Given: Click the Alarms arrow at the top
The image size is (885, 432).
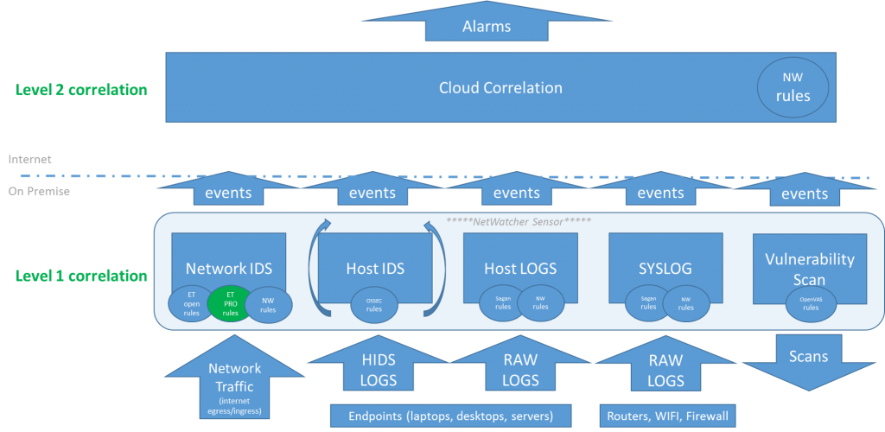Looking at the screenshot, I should tap(487, 25).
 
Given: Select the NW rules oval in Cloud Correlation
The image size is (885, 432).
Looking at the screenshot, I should tap(793, 87).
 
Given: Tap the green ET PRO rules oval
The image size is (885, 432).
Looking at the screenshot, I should tap(230, 304).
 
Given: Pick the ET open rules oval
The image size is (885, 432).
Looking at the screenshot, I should tap(191, 304).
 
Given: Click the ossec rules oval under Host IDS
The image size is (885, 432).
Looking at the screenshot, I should tap(374, 304).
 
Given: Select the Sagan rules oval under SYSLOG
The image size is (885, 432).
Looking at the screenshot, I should tap(647, 303).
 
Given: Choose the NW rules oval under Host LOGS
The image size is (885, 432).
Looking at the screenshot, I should tap(540, 303).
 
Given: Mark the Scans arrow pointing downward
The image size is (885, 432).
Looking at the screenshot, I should tap(808, 359).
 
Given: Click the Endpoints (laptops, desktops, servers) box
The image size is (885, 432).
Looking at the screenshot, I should tap(450, 416).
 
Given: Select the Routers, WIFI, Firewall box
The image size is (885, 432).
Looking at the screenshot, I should tap(668, 416).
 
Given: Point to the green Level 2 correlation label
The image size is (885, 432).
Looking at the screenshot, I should tap(82, 90).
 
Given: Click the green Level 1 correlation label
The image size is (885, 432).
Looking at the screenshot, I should tap(82, 277).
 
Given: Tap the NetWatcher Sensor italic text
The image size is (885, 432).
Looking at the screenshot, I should tap(519, 221).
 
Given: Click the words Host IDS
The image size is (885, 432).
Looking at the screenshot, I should tap(375, 269).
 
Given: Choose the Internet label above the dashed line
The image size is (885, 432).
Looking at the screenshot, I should tap(30, 159).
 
